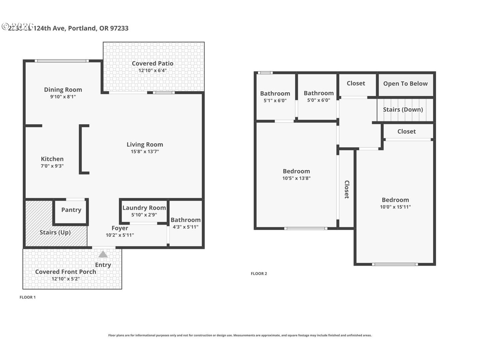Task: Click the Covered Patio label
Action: tap(152, 63)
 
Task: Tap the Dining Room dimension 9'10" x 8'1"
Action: tap(63, 97)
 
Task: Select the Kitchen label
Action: tap(52, 159)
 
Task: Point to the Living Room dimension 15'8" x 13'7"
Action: tap(145, 152)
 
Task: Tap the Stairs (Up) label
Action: tap(55, 232)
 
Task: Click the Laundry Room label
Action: tap(144, 208)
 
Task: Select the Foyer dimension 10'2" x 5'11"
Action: tap(120, 235)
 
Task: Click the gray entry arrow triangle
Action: tap(103, 255)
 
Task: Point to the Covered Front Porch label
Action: tap(66, 272)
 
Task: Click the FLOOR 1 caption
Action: tap(28, 297)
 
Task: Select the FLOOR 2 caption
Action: tap(259, 274)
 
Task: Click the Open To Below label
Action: tap(405, 84)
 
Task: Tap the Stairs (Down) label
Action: tap(403, 110)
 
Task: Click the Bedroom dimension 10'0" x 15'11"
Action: tap(395, 207)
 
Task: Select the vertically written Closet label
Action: tap(347, 189)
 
